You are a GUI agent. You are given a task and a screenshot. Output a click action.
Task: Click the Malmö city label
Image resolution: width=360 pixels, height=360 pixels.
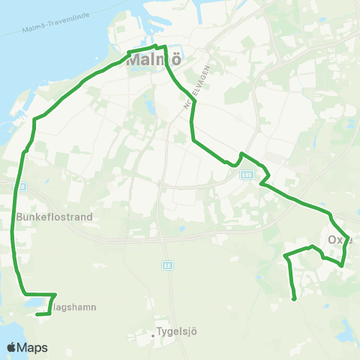tap(154, 61)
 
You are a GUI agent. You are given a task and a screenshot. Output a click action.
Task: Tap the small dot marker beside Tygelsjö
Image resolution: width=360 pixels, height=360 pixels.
tap(153, 335)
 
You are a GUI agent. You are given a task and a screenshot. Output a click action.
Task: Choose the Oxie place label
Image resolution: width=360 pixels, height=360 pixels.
tap(340, 241)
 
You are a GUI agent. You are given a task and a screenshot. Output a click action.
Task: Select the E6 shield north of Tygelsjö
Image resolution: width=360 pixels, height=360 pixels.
tap(166, 265)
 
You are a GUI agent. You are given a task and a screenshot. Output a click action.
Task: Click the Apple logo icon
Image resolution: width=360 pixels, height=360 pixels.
tap(12, 347)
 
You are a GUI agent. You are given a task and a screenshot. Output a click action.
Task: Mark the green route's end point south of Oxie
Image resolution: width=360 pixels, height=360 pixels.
tap(294, 300)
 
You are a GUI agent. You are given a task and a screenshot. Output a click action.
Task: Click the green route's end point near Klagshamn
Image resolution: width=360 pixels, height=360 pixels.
tap(37, 315)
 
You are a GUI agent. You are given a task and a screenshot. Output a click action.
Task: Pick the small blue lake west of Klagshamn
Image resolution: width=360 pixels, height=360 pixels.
tap(33, 304)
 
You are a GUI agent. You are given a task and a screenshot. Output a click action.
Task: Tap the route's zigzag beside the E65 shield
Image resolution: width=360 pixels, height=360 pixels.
tap(264, 177)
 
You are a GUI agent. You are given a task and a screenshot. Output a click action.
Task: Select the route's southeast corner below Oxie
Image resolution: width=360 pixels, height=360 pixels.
tap(342, 265)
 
